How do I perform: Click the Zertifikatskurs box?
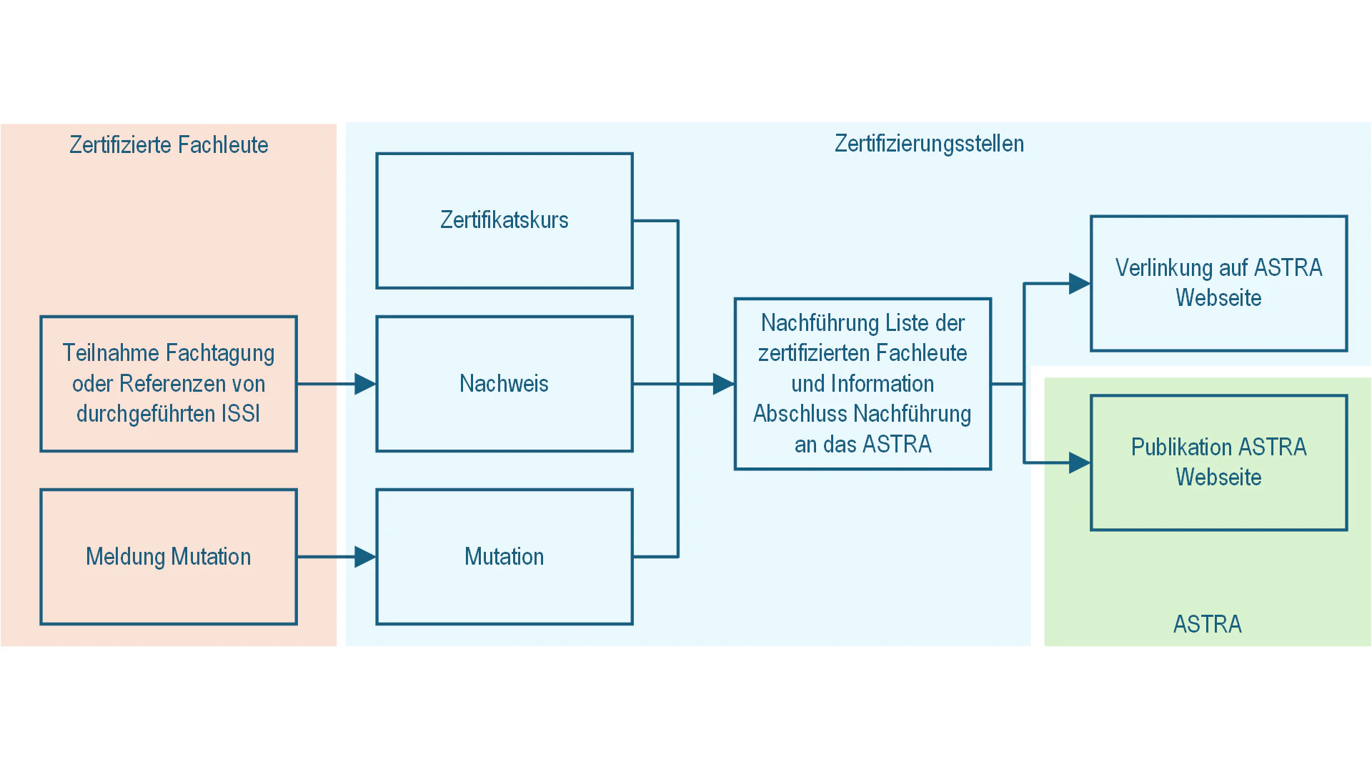pos(504,220)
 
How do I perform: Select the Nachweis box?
pos(504,384)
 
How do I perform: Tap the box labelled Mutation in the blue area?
pos(504,556)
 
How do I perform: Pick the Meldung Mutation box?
pos(168,556)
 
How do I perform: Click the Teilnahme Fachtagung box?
pos(168,384)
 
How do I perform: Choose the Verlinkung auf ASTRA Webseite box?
pos(1218,283)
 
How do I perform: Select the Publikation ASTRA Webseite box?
pos(1218,462)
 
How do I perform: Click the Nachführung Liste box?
pos(863,384)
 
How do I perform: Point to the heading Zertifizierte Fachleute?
pos(169,145)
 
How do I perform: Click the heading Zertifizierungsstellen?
pos(929,144)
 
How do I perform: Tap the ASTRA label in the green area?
pos(1207,624)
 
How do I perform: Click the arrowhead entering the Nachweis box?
pos(365,384)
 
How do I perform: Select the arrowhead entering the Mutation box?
pos(365,556)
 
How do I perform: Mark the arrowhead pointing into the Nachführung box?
pos(723,384)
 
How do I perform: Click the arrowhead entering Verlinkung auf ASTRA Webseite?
pos(1079,283)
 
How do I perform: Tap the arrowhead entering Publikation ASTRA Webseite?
pos(1079,462)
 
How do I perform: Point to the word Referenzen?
pos(169,384)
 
